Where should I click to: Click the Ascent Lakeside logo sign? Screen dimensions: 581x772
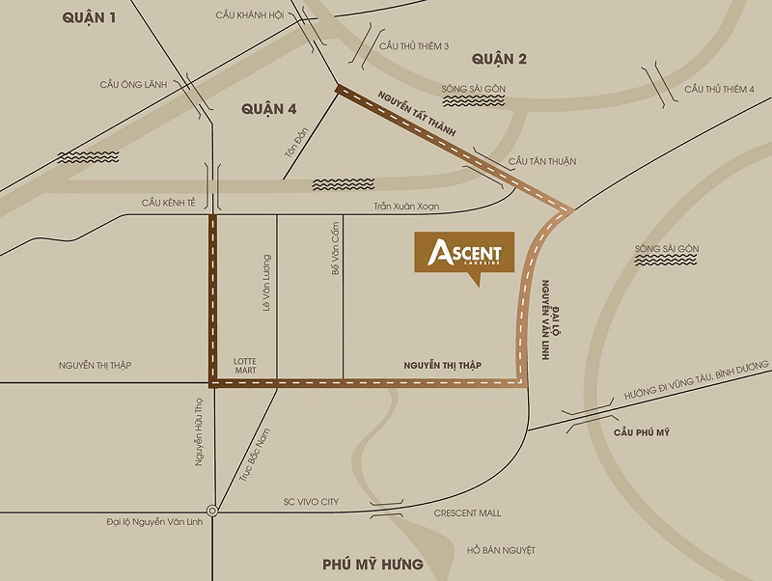[x=464, y=254]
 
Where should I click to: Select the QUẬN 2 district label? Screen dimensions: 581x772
[x=499, y=60]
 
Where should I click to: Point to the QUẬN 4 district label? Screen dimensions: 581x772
[x=268, y=110]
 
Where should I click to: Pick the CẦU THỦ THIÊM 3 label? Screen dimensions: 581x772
[x=414, y=45]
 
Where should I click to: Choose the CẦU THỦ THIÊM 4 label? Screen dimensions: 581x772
[x=719, y=90]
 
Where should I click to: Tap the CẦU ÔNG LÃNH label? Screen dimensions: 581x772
[x=133, y=85]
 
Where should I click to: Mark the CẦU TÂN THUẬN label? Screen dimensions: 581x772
[x=541, y=161]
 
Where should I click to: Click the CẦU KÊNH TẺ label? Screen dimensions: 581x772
[x=168, y=203]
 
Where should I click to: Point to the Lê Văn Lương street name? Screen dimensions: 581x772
[x=267, y=282]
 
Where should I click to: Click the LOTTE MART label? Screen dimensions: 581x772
[x=245, y=367]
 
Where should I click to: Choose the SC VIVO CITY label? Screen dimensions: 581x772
[x=311, y=502]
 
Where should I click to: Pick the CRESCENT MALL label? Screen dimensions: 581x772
[x=467, y=513]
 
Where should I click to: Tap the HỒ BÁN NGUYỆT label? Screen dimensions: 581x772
[x=500, y=550]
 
